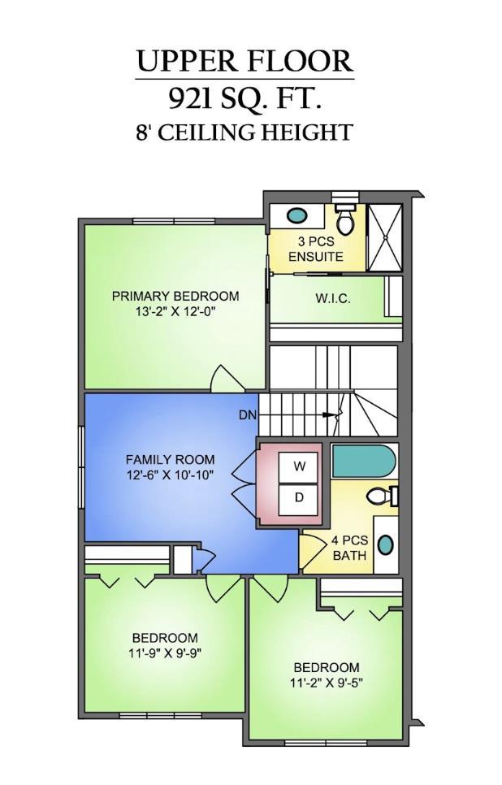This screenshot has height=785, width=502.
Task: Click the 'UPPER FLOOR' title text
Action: (x=245, y=61)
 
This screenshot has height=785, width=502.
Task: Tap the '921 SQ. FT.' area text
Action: (x=245, y=98)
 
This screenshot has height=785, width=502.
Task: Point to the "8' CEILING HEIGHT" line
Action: (x=245, y=132)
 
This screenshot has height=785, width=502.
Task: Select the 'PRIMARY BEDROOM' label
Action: (x=175, y=296)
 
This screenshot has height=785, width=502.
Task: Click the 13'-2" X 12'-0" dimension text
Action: (x=175, y=310)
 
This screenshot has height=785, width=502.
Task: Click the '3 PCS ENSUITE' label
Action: (x=316, y=249)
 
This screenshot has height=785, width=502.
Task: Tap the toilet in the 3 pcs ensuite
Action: (x=345, y=218)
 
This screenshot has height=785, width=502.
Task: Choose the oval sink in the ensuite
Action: (x=297, y=215)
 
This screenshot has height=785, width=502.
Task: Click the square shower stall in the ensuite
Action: (x=384, y=236)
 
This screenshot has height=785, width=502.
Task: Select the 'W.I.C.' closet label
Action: (x=333, y=299)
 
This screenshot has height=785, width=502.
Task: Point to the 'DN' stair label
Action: (x=248, y=415)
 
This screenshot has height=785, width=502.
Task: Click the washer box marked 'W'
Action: (x=299, y=466)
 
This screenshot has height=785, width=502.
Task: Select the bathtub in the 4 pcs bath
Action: (x=363, y=462)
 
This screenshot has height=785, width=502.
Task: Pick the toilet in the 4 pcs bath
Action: (x=381, y=496)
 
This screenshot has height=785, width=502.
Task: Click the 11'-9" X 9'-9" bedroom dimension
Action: (x=165, y=653)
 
